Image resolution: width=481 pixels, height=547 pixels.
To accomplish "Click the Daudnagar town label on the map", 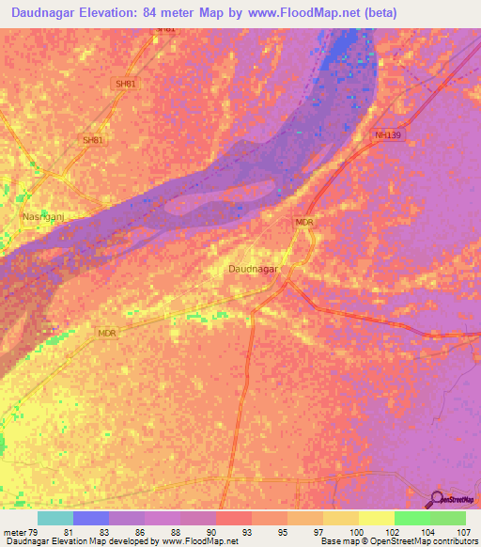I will [x=254, y=269].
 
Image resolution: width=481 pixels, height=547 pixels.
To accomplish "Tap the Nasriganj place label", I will [x=41, y=216].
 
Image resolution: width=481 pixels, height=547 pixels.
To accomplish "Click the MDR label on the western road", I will [x=109, y=333].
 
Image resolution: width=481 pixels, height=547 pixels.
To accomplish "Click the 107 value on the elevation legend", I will [x=463, y=531].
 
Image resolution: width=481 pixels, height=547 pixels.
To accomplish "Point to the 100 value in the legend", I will [x=357, y=531].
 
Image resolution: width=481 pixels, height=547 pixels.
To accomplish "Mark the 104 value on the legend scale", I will [x=427, y=531].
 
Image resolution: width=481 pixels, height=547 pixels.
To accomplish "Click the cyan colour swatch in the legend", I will [x=55, y=518].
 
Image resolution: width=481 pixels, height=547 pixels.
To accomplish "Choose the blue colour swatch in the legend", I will [x=91, y=518].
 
